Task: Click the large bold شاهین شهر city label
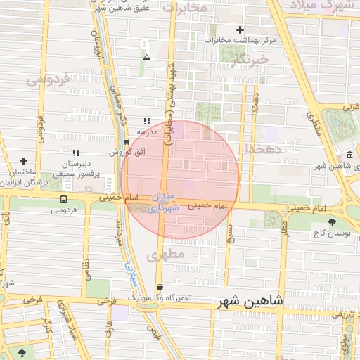click(x=250, y=300)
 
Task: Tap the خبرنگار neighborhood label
click(x=250, y=60)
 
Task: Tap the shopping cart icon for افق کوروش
click(x=126, y=142)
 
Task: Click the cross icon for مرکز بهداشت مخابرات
click(x=240, y=30)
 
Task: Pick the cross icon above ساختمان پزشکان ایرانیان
click(x=23, y=161)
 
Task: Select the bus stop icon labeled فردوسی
click(x=64, y=200)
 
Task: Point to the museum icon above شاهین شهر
click(x=349, y=155)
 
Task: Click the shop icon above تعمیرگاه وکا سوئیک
click(x=161, y=288)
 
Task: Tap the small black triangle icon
click(x=146, y=57)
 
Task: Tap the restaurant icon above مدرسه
click(x=146, y=121)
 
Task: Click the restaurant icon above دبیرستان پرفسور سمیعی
click(x=76, y=153)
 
